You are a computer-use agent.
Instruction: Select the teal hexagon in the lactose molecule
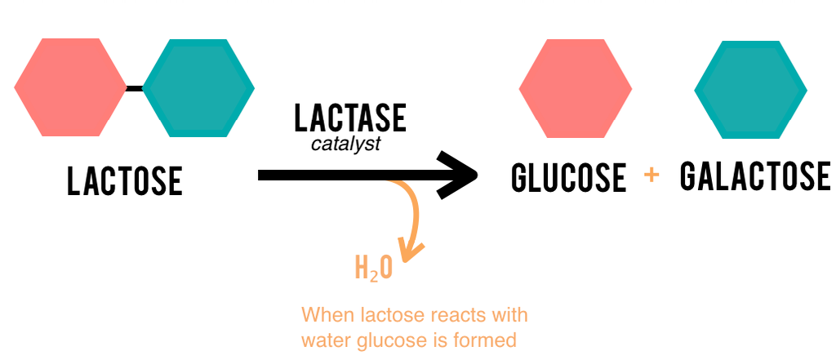pyautogui.click(x=198, y=87)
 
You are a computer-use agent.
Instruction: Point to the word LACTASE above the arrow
pyautogui.click(x=349, y=119)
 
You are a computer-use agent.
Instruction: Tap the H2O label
pyautogui.click(x=374, y=269)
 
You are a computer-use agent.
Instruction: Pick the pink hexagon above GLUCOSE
pyautogui.click(x=575, y=87)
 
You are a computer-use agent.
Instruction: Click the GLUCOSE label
pyautogui.click(x=568, y=178)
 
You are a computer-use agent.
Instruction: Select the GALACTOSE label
pyautogui.click(x=755, y=176)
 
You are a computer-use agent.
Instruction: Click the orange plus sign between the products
pyautogui.click(x=651, y=176)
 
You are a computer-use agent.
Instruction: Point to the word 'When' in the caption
pyautogui.click(x=325, y=314)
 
